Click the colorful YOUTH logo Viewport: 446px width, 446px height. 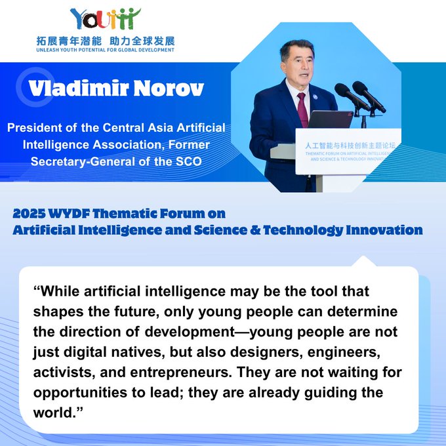(105, 19)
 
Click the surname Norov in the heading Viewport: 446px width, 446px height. (169, 88)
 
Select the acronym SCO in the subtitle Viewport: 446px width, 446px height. (189, 161)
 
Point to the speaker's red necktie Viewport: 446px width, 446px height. (302, 110)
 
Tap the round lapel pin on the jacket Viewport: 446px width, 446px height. (315, 96)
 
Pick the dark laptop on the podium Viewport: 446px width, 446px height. (330, 119)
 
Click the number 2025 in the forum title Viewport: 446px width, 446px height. (29, 214)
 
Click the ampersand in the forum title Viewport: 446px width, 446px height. (255, 230)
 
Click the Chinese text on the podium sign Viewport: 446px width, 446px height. (350, 146)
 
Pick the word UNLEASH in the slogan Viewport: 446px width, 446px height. (47, 50)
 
